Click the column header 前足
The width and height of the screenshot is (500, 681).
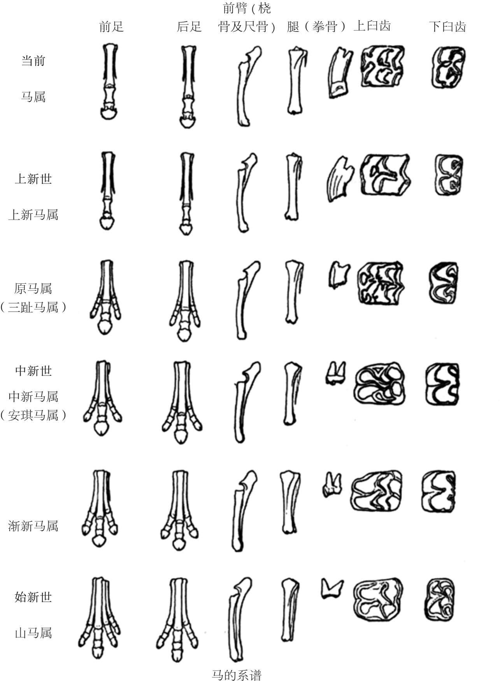pyautogui.click(x=111, y=26)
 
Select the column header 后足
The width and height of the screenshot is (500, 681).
pyautogui.click(x=189, y=26)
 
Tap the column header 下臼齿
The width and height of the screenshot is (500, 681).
pyautogui.click(x=447, y=26)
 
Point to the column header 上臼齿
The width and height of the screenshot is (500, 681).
pyautogui.click(x=372, y=26)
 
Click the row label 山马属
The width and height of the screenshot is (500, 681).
pyautogui.click(x=33, y=633)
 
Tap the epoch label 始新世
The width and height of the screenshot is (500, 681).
pyautogui.click(x=33, y=597)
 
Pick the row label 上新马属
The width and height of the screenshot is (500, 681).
pyautogui.click(x=33, y=215)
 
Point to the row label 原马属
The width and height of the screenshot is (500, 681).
pyautogui.click(x=33, y=288)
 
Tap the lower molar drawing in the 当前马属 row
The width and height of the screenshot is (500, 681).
pyautogui.click(x=449, y=67)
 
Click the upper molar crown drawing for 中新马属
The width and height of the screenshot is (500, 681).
pyautogui.click(x=379, y=384)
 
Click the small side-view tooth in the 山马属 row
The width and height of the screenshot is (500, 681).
pyautogui.click(x=332, y=587)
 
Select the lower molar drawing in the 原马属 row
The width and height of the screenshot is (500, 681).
pyautogui.click(x=444, y=283)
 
